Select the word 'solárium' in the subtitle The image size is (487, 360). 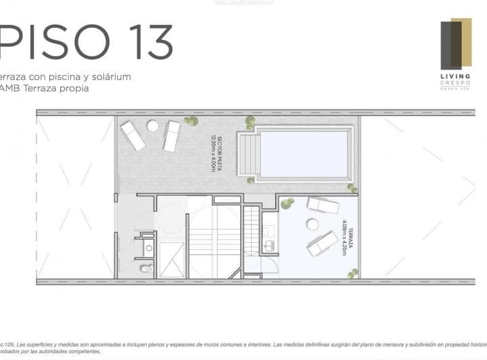[x=110, y=76]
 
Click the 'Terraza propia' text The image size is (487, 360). [x=57, y=88]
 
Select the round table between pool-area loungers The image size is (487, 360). [x=153, y=126]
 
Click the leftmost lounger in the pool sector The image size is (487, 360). [x=133, y=135]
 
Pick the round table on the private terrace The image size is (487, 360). [x=312, y=224]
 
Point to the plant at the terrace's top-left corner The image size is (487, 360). [x=287, y=203]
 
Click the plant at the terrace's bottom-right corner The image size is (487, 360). [x=352, y=273]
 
